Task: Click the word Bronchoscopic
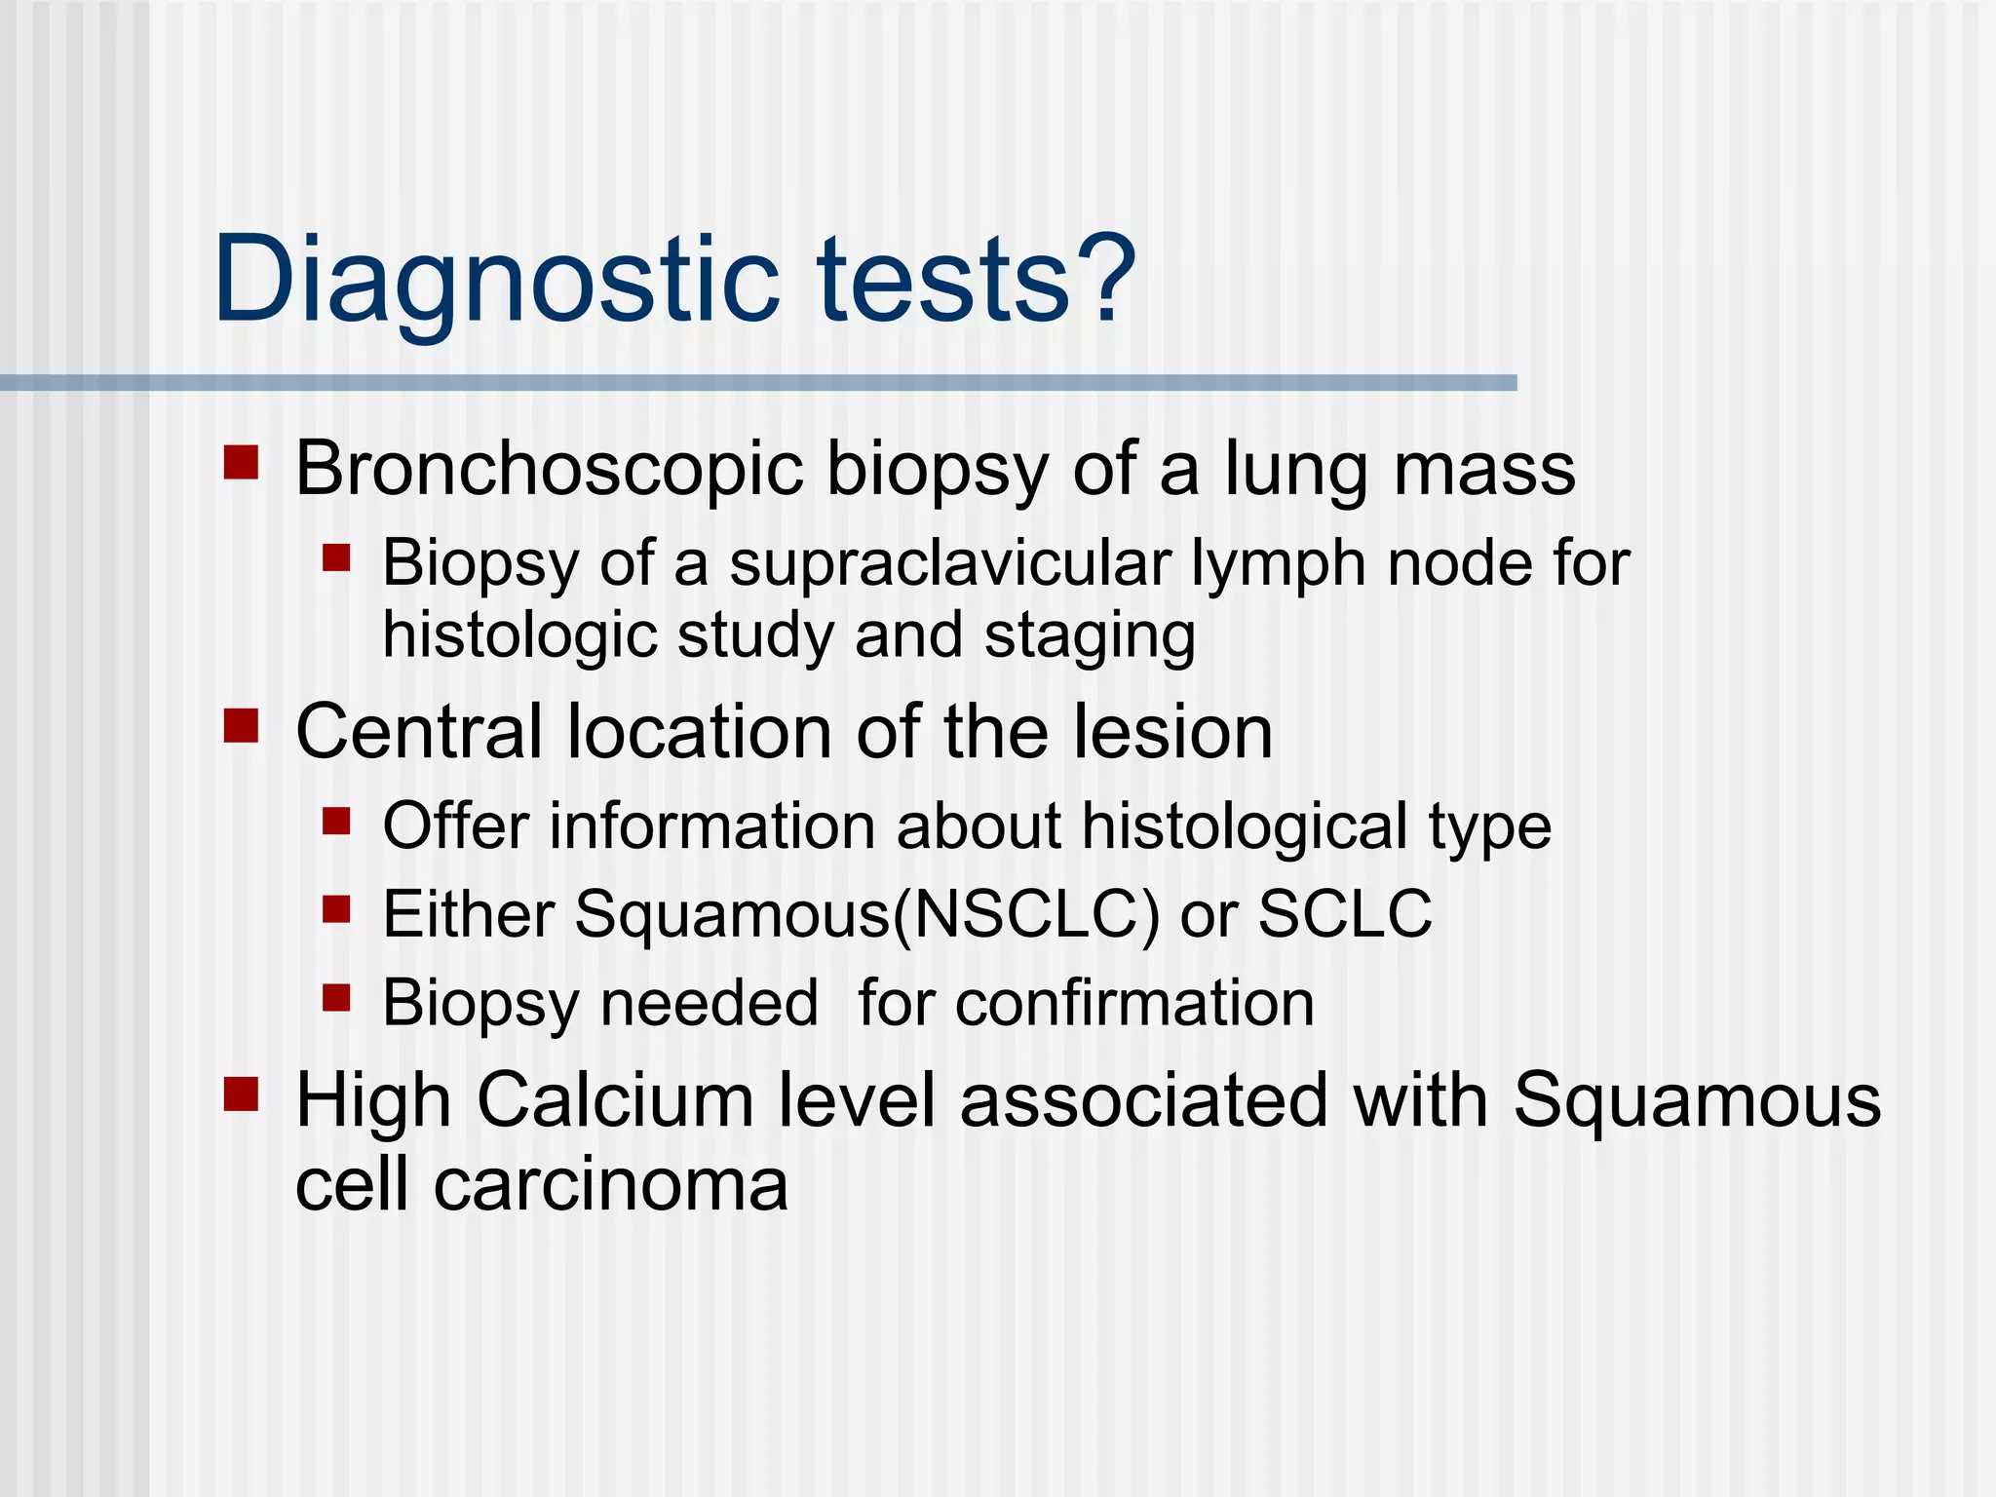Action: pyautogui.click(x=549, y=470)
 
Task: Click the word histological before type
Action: pyautogui.click(x=1246, y=826)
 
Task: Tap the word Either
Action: pyautogui.click(x=468, y=914)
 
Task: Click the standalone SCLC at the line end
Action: pyautogui.click(x=1345, y=914)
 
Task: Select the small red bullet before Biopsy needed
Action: pyautogui.click(x=336, y=997)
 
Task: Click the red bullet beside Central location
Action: pyautogui.click(x=241, y=726)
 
